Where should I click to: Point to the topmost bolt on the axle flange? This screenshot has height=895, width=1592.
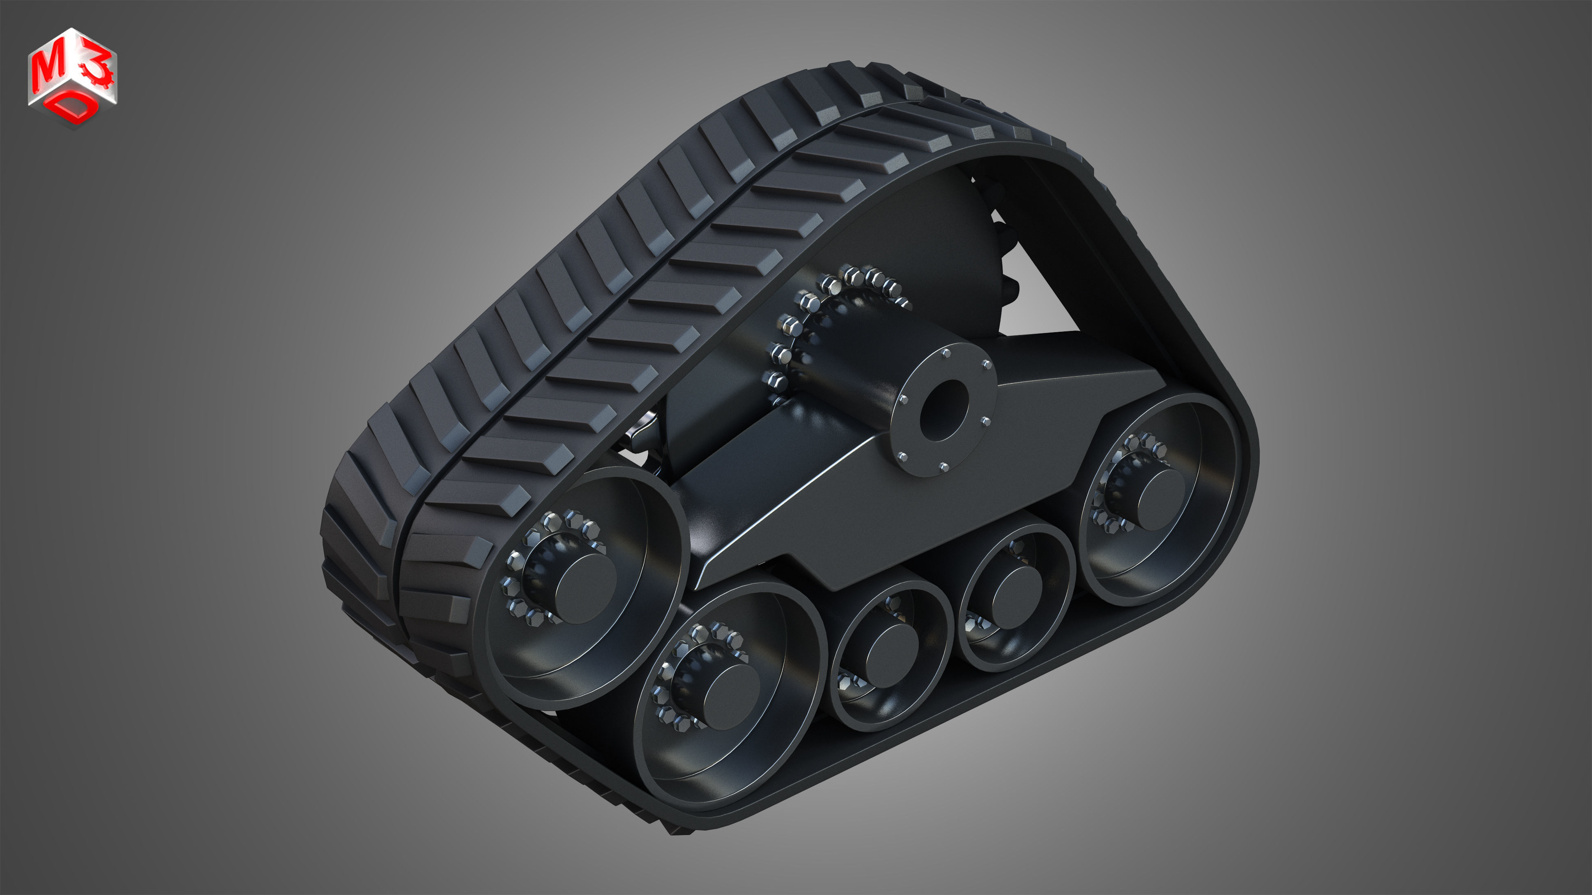[946, 353]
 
